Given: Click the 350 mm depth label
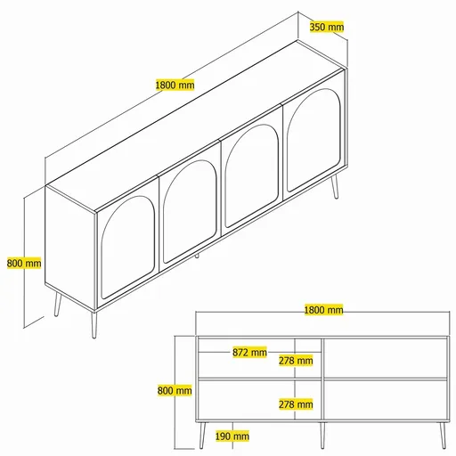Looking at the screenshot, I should click(x=327, y=27).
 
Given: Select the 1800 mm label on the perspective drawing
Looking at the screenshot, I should click(x=175, y=85).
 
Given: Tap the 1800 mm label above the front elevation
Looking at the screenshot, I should click(x=323, y=310).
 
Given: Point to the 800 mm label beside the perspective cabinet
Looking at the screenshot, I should click(x=24, y=263).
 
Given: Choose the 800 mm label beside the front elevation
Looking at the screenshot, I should click(x=175, y=390).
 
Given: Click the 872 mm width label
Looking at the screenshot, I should click(x=249, y=352).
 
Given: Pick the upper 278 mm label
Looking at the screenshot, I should click(x=295, y=361).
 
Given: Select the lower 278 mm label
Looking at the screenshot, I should click(x=295, y=404).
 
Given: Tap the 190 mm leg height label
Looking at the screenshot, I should click(x=232, y=436).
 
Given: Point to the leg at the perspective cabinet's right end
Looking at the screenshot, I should click(x=336, y=188).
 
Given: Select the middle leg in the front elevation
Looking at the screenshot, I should click(x=322, y=434).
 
